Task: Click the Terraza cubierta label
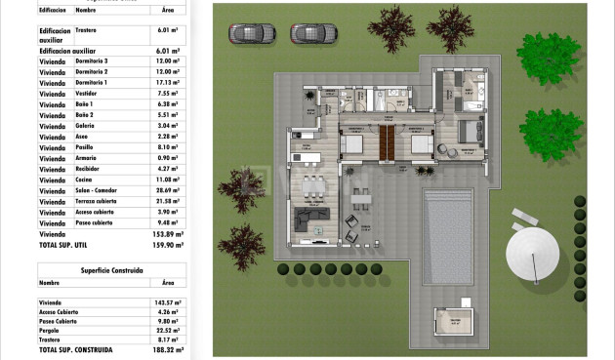click(x=98, y=201)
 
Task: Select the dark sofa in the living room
click(x=315, y=219)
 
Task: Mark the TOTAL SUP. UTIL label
click(x=70, y=244)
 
